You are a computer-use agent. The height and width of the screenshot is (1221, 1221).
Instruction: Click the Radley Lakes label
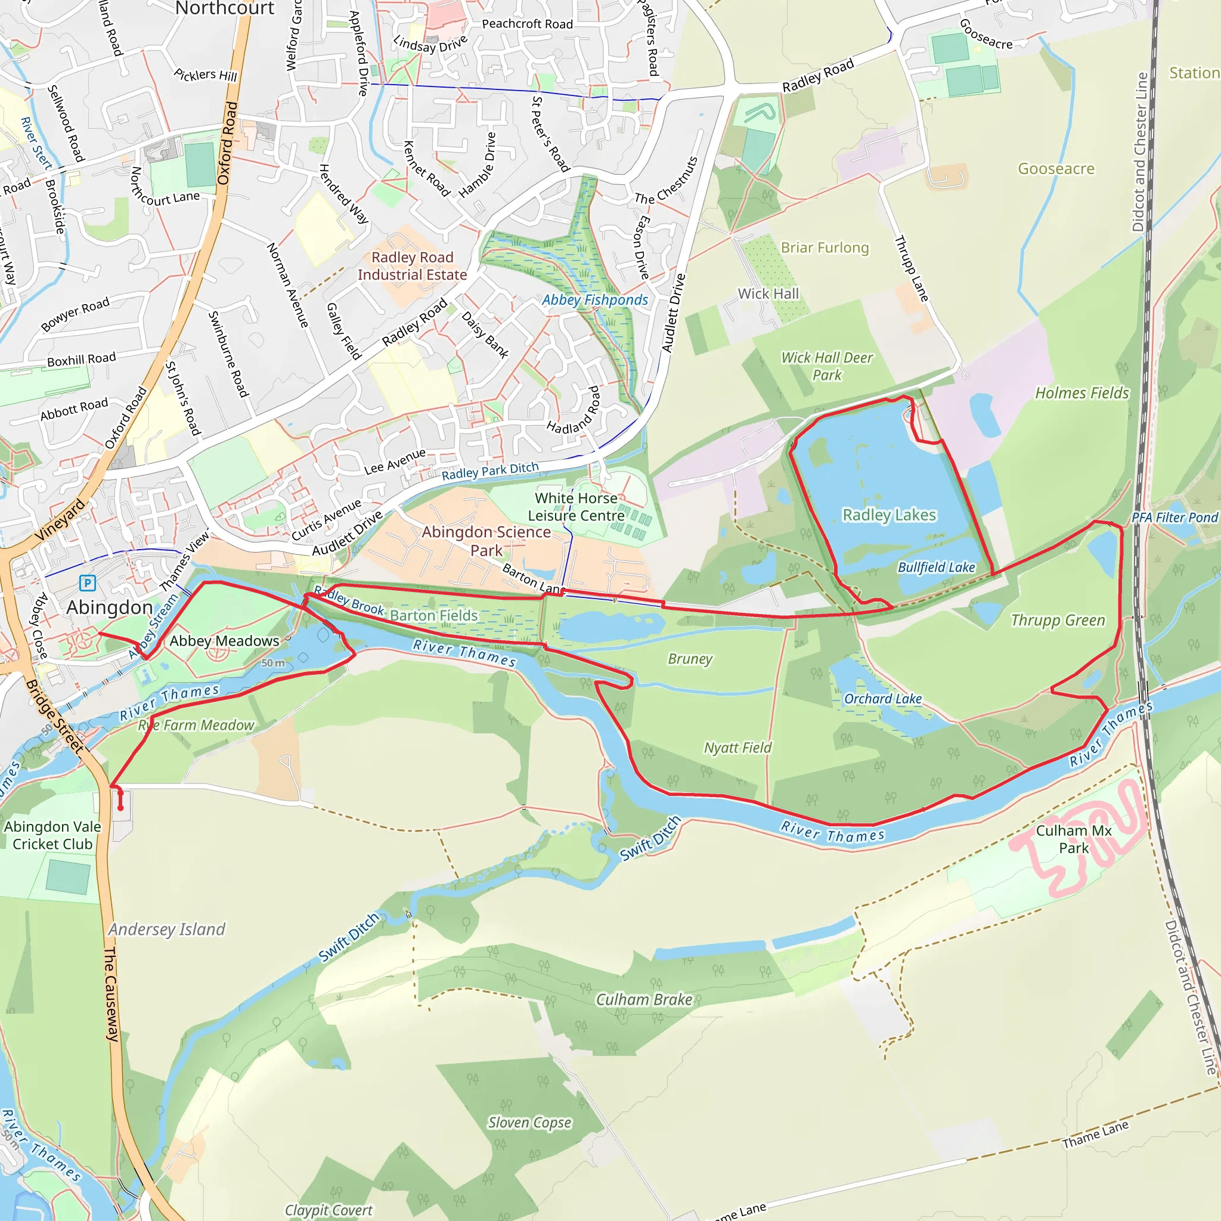pos(889,515)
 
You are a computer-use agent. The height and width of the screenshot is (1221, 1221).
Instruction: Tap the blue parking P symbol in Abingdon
pos(87,582)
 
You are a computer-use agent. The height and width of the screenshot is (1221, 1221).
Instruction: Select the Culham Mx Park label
pos(1073,839)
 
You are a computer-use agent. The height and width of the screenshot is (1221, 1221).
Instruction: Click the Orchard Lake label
pos(882,699)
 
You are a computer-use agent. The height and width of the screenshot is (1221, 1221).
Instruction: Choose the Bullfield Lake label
pos(936,568)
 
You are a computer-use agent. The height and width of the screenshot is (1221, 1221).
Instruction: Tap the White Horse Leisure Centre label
pos(576,507)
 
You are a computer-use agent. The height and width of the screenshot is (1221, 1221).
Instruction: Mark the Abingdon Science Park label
pos(486,541)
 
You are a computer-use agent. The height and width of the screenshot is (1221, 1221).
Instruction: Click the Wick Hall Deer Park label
pos(827,367)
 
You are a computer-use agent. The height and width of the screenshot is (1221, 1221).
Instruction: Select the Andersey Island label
pos(167,929)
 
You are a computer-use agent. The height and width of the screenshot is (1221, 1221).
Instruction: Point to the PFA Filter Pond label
pos(1174,517)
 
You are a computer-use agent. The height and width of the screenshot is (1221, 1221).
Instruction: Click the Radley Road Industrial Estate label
pos(412,266)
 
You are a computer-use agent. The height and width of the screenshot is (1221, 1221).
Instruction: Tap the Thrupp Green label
pos(1058,620)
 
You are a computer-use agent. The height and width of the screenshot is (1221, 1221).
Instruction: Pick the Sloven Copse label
pos(529,1123)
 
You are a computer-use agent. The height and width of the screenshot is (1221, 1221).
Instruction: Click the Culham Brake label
pos(644,999)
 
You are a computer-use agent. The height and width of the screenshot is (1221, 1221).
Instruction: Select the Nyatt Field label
pos(737,748)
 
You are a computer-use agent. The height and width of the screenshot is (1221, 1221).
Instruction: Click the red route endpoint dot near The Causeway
pos(120,808)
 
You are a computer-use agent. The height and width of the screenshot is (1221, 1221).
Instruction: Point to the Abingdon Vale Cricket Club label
pos(52,835)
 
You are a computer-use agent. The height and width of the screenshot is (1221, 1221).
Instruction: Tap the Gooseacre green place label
pos(1056,169)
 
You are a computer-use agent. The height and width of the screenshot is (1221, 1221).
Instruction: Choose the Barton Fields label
pos(433,615)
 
